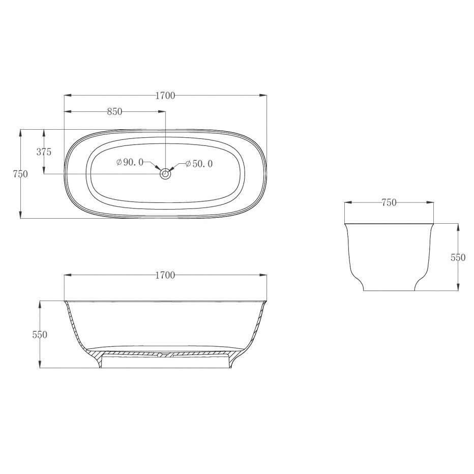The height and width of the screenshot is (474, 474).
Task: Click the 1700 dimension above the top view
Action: (x=165, y=96)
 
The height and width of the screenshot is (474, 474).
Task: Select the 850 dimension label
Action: (x=115, y=111)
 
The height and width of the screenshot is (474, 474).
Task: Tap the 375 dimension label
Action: (x=44, y=152)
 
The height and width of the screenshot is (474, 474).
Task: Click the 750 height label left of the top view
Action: (x=20, y=174)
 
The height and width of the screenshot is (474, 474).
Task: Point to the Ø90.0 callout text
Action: (x=130, y=162)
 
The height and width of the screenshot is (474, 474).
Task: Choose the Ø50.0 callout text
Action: (x=199, y=164)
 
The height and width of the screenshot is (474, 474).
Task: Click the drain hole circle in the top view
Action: (x=165, y=174)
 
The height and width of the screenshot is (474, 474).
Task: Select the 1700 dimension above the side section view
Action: (x=165, y=275)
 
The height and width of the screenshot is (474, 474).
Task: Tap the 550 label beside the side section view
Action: (x=40, y=335)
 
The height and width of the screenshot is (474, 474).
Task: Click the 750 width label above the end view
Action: (x=389, y=202)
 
